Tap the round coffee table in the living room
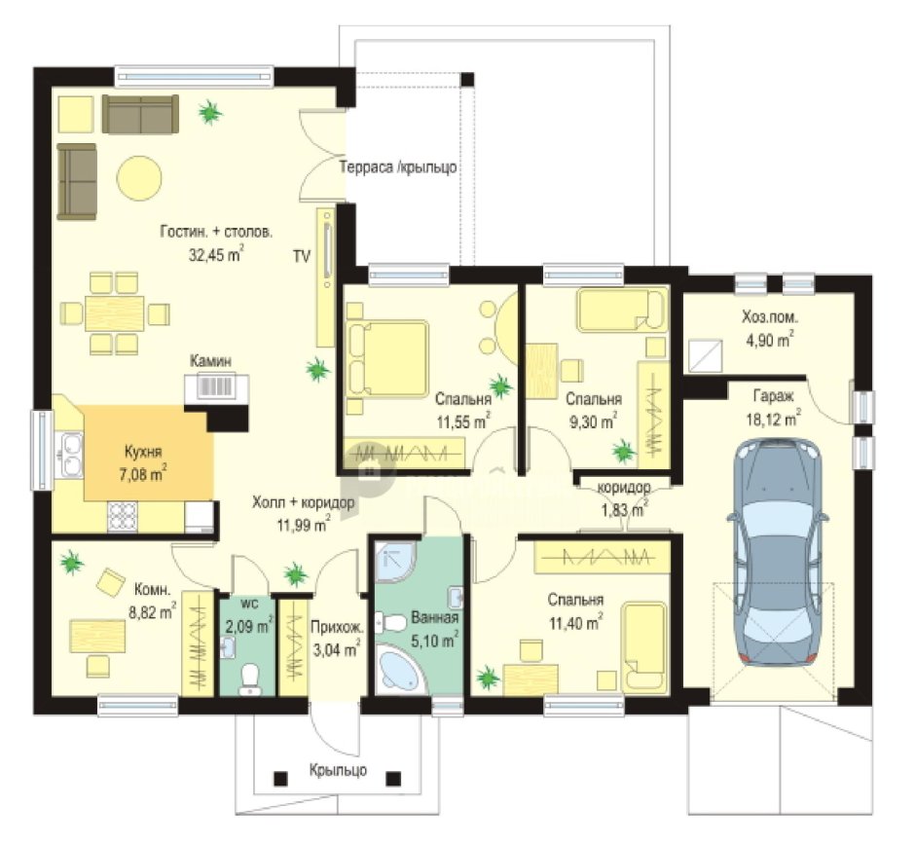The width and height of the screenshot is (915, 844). pyautogui.click(x=139, y=178)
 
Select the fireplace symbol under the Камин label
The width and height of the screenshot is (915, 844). pyautogui.click(x=216, y=387)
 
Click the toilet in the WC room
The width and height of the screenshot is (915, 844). pyautogui.click(x=250, y=679)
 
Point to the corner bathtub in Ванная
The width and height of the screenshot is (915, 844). pyautogui.click(x=400, y=669)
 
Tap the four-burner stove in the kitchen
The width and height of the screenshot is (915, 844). pyautogui.click(x=123, y=517)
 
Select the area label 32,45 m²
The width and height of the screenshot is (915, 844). pyautogui.click(x=215, y=255)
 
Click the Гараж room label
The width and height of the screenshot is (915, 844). pyautogui.click(x=773, y=396)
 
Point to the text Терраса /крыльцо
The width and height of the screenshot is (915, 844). pyautogui.click(x=398, y=167)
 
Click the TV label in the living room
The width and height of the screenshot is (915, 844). pyautogui.click(x=302, y=256)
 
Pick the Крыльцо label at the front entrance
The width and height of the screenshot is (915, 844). pyautogui.click(x=338, y=770)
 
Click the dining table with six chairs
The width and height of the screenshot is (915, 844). pyautogui.click(x=115, y=313)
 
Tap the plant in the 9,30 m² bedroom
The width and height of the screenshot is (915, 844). pyautogui.click(x=623, y=451)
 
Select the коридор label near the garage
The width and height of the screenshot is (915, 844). pyautogui.click(x=624, y=487)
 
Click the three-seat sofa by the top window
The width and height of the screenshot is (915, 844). pyautogui.click(x=140, y=113)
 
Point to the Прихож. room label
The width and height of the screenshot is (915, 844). pyautogui.click(x=337, y=628)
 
